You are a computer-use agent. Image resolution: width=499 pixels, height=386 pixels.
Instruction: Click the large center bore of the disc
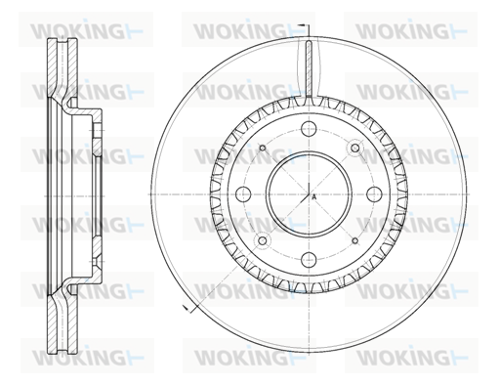click(x=309, y=194)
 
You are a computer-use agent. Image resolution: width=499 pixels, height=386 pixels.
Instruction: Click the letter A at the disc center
click(x=313, y=197)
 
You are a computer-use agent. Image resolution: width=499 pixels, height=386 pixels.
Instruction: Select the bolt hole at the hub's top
click(x=309, y=128)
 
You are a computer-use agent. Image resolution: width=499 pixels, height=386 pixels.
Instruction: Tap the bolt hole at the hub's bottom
click(x=309, y=260)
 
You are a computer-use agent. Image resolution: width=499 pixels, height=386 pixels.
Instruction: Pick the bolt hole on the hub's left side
click(x=243, y=194)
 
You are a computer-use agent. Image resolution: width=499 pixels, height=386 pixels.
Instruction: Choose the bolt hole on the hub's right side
click(x=374, y=194)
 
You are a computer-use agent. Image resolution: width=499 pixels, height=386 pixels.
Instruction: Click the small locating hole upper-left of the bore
click(x=263, y=149)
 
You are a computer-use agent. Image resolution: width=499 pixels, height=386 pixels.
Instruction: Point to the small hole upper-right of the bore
click(x=355, y=149)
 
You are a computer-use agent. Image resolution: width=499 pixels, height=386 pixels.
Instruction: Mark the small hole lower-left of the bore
click(x=263, y=240)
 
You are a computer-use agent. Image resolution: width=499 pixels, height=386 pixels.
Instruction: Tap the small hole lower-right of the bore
click(x=355, y=240)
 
